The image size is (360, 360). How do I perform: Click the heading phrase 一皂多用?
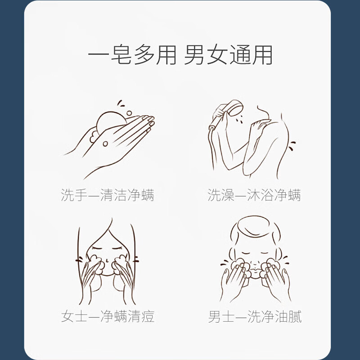[132, 55]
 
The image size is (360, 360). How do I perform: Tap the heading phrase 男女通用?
[228, 55]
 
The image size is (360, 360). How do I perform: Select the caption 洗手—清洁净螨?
[108, 195]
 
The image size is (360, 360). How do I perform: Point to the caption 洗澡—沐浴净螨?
[254, 195]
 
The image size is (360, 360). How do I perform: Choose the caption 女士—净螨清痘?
[108, 316]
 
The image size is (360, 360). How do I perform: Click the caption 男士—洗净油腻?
[255, 316]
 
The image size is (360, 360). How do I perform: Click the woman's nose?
[107, 261]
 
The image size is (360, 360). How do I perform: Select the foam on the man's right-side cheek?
[273, 266]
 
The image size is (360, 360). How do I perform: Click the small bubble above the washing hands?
[129, 113]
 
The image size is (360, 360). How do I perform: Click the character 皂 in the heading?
[121, 55]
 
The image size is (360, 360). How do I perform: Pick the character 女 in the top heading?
[217, 55]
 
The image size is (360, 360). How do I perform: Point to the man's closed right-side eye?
[265, 253]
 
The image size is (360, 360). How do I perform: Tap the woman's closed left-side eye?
[96, 248]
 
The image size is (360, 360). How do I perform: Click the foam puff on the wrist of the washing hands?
[94, 137]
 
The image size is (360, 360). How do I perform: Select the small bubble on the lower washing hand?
[105, 144]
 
